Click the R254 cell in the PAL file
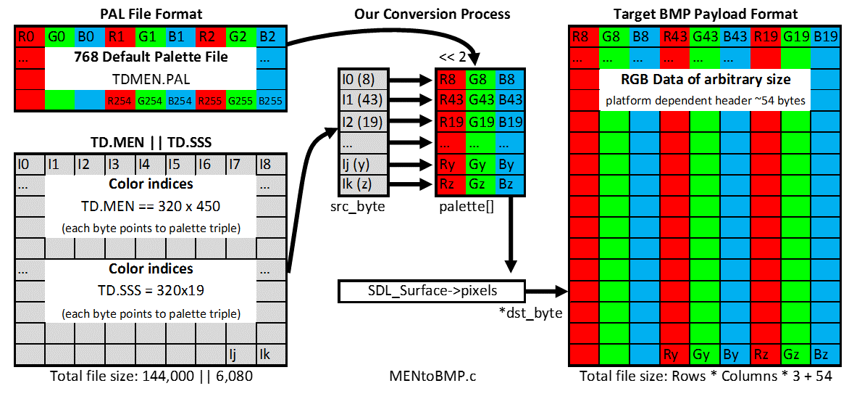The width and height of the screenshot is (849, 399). click(x=119, y=100)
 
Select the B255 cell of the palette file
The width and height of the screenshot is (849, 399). click(x=271, y=100)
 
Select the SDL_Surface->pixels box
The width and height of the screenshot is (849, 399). click(x=431, y=291)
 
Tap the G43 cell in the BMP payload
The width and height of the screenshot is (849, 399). click(x=705, y=38)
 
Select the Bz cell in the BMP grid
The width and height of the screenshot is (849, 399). click(x=824, y=354)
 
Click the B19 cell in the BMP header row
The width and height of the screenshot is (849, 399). click(x=824, y=38)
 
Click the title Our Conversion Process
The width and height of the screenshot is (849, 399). click(x=432, y=14)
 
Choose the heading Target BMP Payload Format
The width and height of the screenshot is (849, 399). click(x=705, y=14)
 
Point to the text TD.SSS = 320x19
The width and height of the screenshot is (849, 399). click(x=151, y=291)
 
